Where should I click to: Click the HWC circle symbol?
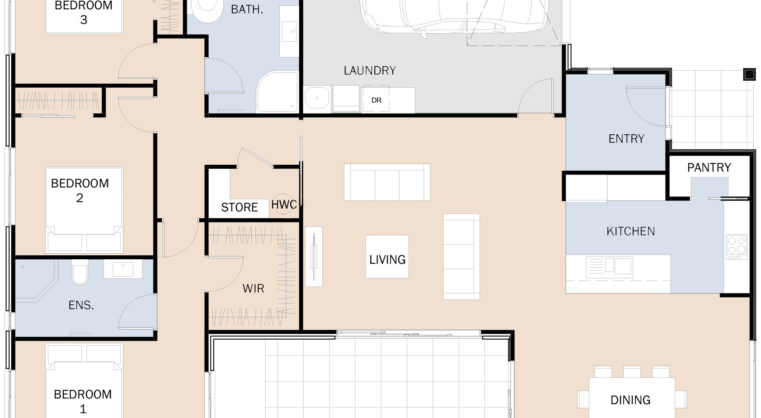(x=284, y=204)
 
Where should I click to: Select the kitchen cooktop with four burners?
(x=737, y=246)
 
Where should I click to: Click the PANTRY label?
(x=709, y=167)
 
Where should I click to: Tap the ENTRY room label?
(x=626, y=139)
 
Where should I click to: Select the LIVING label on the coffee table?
(x=387, y=259)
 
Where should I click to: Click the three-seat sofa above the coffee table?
(x=387, y=182)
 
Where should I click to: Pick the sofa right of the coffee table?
(x=461, y=256)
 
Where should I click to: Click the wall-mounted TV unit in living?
(x=313, y=256)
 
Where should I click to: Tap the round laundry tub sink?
(x=317, y=98)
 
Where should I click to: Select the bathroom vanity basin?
(x=290, y=31)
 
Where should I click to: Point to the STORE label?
(x=239, y=207)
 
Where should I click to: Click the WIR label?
(x=253, y=289)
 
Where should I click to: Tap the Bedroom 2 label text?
(x=80, y=190)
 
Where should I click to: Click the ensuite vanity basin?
(x=123, y=269)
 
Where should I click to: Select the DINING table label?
(x=630, y=400)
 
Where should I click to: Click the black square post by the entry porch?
(x=749, y=74)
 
